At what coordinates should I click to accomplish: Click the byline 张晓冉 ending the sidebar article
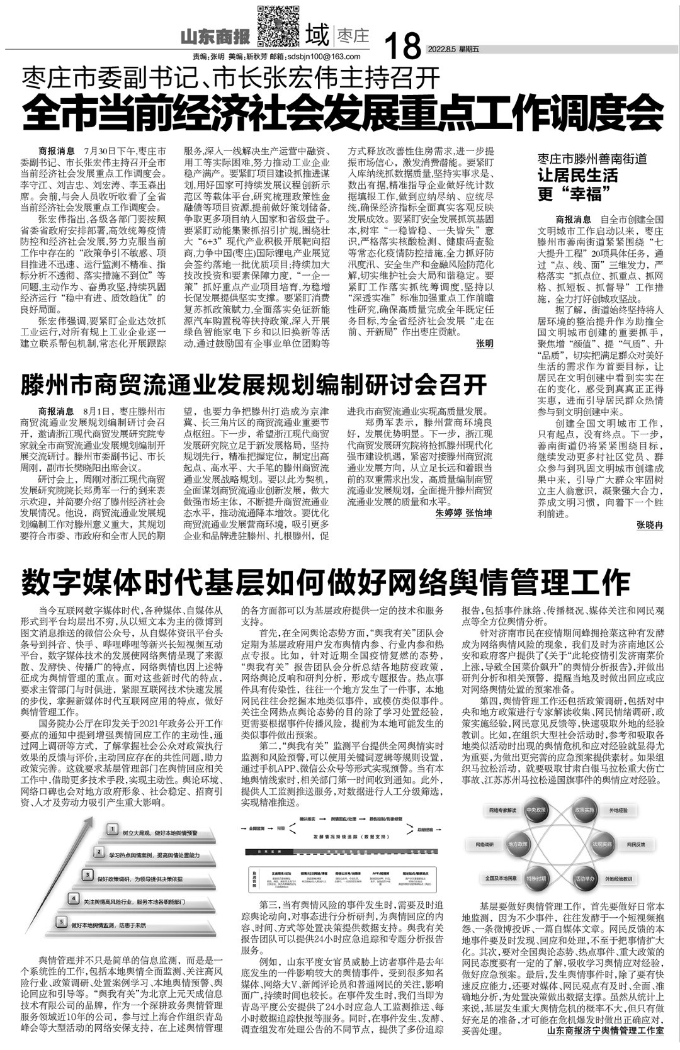tap(649, 524)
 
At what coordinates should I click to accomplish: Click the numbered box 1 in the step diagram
tap(111, 830)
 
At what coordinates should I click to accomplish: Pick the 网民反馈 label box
tap(636, 844)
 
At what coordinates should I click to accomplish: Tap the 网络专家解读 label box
tap(501, 810)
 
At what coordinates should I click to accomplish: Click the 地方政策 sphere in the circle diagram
tap(518, 844)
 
